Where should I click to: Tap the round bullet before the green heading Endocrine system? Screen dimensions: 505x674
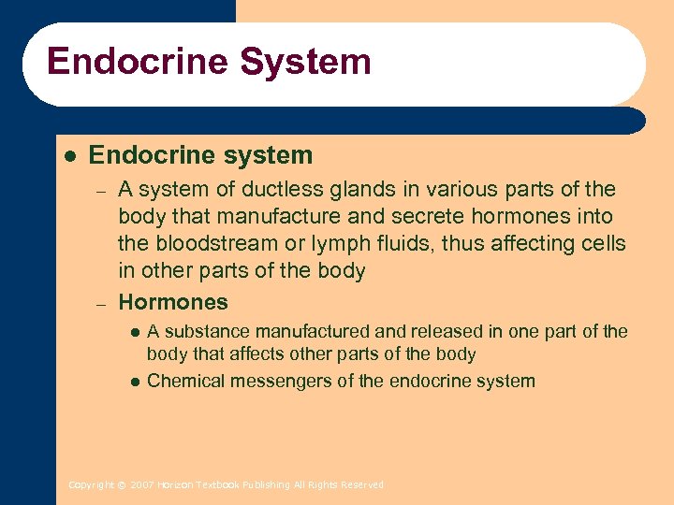(68, 154)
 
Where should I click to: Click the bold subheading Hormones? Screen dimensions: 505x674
(173, 302)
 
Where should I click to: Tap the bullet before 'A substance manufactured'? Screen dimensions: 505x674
(135, 332)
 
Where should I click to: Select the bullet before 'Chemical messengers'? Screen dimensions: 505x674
(135, 382)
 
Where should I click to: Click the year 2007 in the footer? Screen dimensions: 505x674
(141, 485)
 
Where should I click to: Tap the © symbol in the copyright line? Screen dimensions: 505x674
(122, 485)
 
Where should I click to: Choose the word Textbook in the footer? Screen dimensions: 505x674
(217, 485)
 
